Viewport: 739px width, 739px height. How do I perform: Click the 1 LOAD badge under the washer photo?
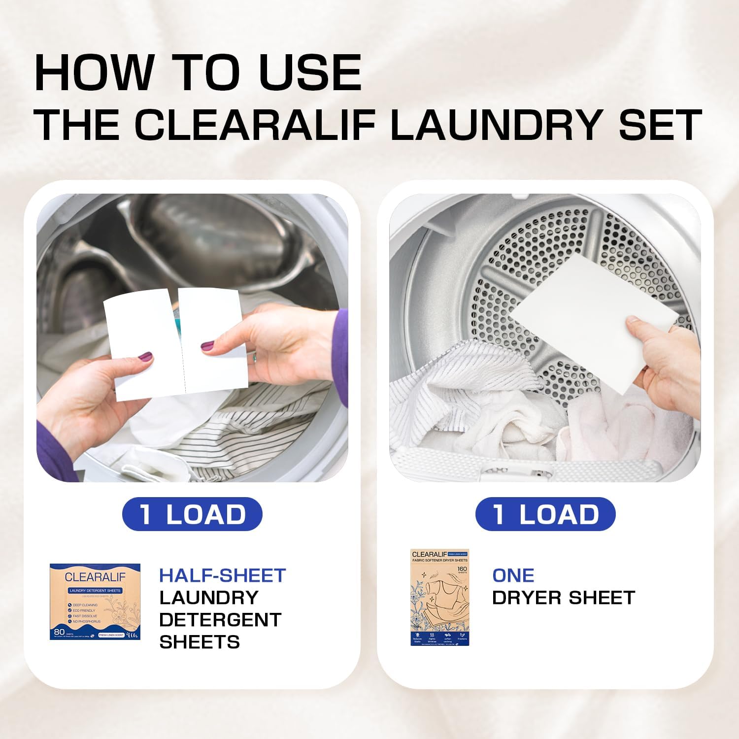coord(192,514)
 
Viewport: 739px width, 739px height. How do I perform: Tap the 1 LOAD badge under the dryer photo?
coord(545,514)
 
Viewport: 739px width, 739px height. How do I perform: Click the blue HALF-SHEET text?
coord(222,575)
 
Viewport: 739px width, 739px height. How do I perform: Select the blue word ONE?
coord(513,575)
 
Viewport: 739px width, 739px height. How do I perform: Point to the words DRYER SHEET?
coord(563,598)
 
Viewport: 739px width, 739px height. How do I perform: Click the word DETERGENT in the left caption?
coord(220,620)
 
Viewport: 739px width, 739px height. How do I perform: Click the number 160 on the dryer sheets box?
coord(462,569)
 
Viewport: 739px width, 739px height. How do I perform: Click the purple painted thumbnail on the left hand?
coord(145,356)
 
